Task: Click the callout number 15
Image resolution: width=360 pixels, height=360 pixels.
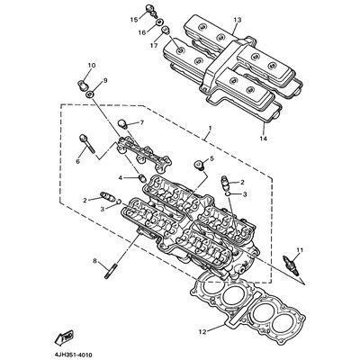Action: (134, 20)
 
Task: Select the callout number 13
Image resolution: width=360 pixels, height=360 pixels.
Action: (238, 20)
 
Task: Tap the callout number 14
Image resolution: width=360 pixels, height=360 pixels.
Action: (263, 139)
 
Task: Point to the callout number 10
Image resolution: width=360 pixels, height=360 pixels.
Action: (92, 65)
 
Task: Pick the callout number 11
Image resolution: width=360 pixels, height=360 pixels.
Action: (300, 250)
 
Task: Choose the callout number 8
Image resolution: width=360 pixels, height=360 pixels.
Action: (95, 261)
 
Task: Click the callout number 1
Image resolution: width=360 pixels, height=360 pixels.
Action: (210, 128)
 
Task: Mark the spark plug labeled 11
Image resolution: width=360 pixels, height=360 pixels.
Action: (290, 264)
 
